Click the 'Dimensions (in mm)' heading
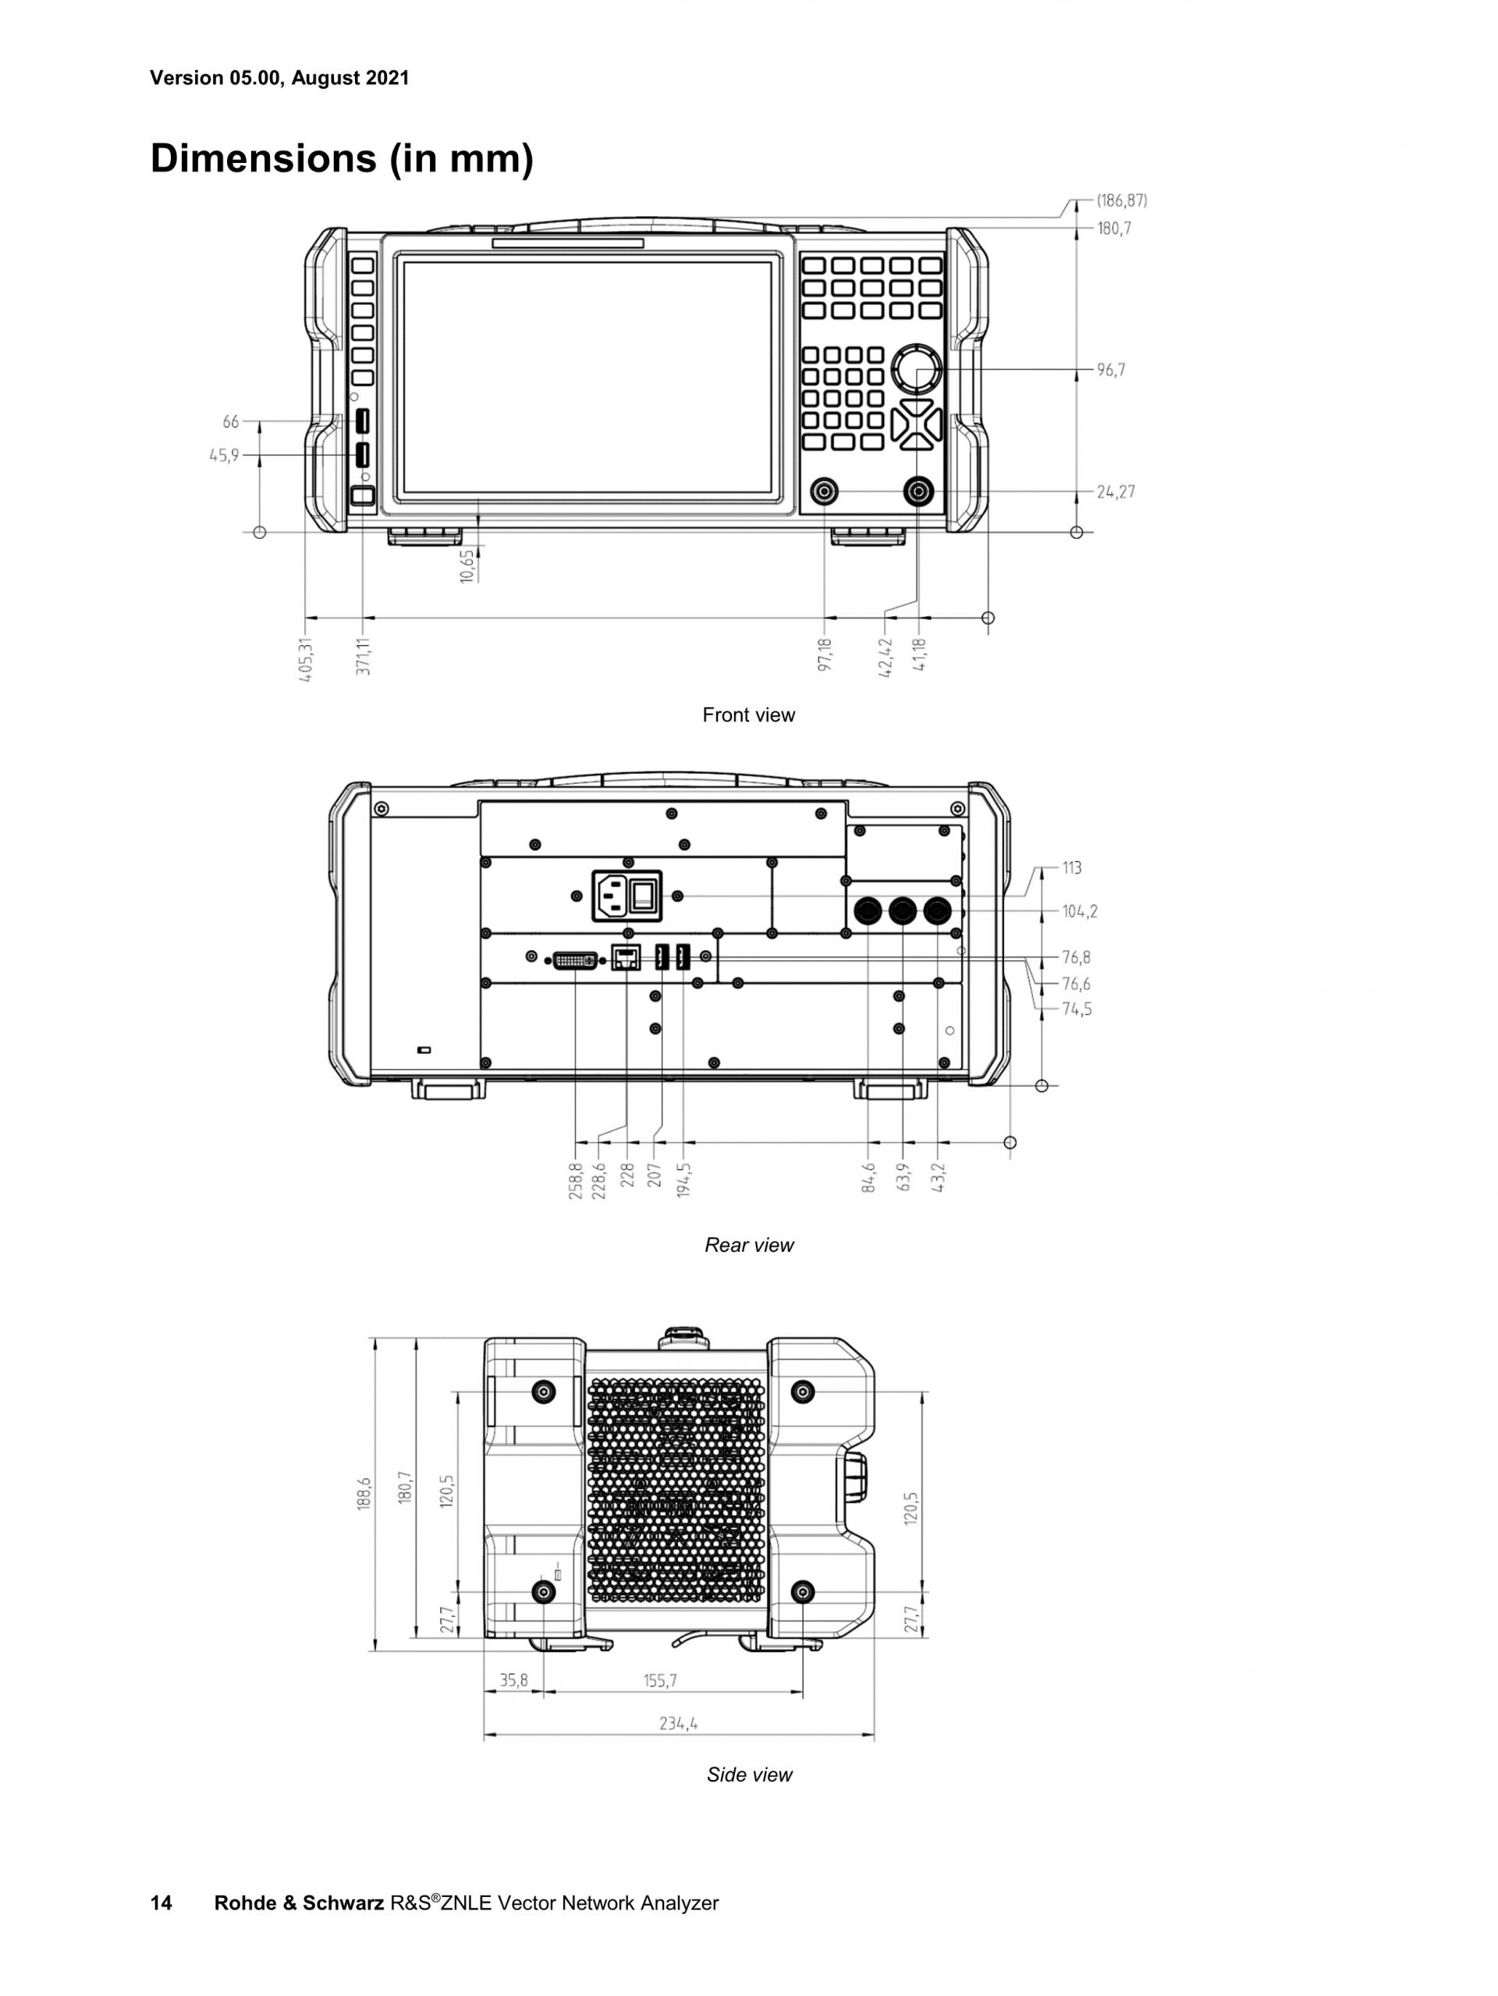(341, 159)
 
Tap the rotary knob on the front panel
(916, 368)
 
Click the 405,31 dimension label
(306, 659)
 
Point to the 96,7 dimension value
(1111, 370)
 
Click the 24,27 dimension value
(1116, 491)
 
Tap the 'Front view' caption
(749, 714)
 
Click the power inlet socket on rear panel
(612, 895)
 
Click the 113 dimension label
(1071, 868)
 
